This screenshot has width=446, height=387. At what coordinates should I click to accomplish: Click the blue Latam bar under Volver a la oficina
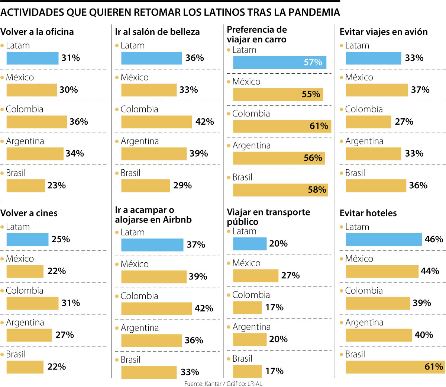(x=32, y=58)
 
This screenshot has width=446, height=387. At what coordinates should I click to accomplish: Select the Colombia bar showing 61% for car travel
(x=282, y=127)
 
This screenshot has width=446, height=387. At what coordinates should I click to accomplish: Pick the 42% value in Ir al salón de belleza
(x=204, y=122)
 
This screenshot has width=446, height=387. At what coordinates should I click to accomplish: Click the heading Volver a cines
(x=29, y=213)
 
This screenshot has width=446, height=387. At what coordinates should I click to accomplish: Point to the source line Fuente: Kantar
(x=223, y=384)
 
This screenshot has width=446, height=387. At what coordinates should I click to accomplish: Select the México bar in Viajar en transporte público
(x=255, y=276)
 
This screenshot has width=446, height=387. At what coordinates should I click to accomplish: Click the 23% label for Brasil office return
(x=56, y=185)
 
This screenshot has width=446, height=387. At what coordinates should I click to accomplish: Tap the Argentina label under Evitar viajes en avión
(x=364, y=141)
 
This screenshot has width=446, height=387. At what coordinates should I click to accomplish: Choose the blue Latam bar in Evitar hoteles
(x=384, y=240)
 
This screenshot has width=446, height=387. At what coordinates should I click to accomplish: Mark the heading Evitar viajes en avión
(x=384, y=32)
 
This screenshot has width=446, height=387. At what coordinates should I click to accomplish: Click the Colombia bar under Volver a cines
(x=32, y=303)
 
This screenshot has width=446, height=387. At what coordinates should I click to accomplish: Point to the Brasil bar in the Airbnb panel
(x=149, y=372)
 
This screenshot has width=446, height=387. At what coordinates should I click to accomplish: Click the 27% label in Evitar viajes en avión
(x=404, y=122)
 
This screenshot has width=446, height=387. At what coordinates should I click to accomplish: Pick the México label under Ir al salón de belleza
(x=134, y=77)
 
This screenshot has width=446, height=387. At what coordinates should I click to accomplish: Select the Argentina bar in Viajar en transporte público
(x=249, y=339)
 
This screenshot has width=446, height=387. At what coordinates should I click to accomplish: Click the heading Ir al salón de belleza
(x=157, y=32)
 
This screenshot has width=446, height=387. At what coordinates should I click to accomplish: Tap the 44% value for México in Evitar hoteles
(x=430, y=271)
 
